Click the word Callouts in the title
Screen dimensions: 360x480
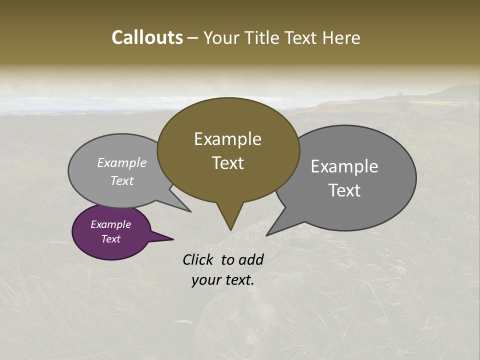[147, 38]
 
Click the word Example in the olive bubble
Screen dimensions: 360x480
[228, 139]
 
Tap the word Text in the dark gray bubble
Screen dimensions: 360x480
[344, 190]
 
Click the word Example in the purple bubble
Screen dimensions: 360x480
[111, 224]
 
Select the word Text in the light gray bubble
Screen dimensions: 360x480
[122, 181]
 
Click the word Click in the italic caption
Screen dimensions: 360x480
[199, 259]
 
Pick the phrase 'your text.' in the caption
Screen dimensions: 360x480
[222, 280]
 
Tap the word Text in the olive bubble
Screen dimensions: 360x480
[228, 163]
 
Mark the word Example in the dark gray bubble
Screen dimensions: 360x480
[344, 166]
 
